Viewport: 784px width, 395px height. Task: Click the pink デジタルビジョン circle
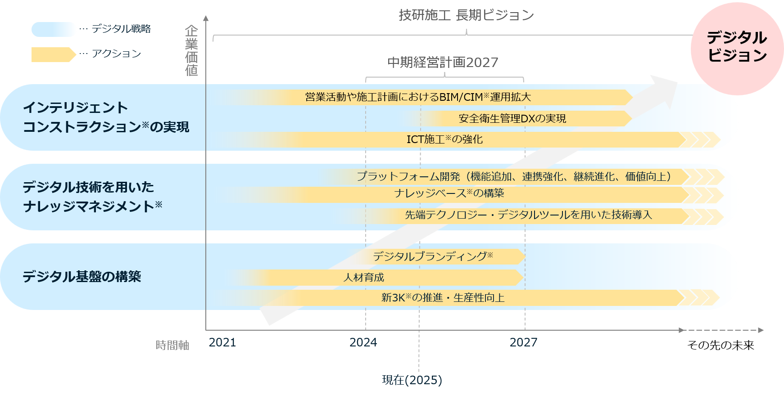click(x=737, y=47)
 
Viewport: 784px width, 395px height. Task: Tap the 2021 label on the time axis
click(x=222, y=342)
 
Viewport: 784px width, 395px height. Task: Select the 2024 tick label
click(x=363, y=342)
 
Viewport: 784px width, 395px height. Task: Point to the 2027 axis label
click(x=523, y=342)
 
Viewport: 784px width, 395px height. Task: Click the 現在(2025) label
click(x=412, y=380)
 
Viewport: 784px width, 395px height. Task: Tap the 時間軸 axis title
click(x=172, y=345)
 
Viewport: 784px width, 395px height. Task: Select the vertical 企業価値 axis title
click(x=192, y=50)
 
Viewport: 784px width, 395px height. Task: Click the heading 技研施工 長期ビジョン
click(x=466, y=15)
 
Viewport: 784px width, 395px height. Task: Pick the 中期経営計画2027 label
click(x=443, y=62)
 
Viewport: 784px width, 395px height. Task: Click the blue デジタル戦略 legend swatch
click(x=54, y=29)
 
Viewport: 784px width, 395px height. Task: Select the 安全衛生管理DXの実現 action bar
click(x=512, y=118)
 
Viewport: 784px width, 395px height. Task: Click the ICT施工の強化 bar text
click(x=444, y=139)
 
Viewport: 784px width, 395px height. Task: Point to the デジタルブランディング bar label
click(x=433, y=256)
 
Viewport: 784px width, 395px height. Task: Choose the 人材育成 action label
click(x=364, y=278)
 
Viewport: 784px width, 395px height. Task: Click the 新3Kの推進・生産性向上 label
click(x=443, y=298)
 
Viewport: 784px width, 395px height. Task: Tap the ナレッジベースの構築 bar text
click(x=449, y=193)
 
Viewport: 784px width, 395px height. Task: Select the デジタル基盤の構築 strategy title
click(x=82, y=276)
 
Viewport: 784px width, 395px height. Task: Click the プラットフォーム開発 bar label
click(x=514, y=176)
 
